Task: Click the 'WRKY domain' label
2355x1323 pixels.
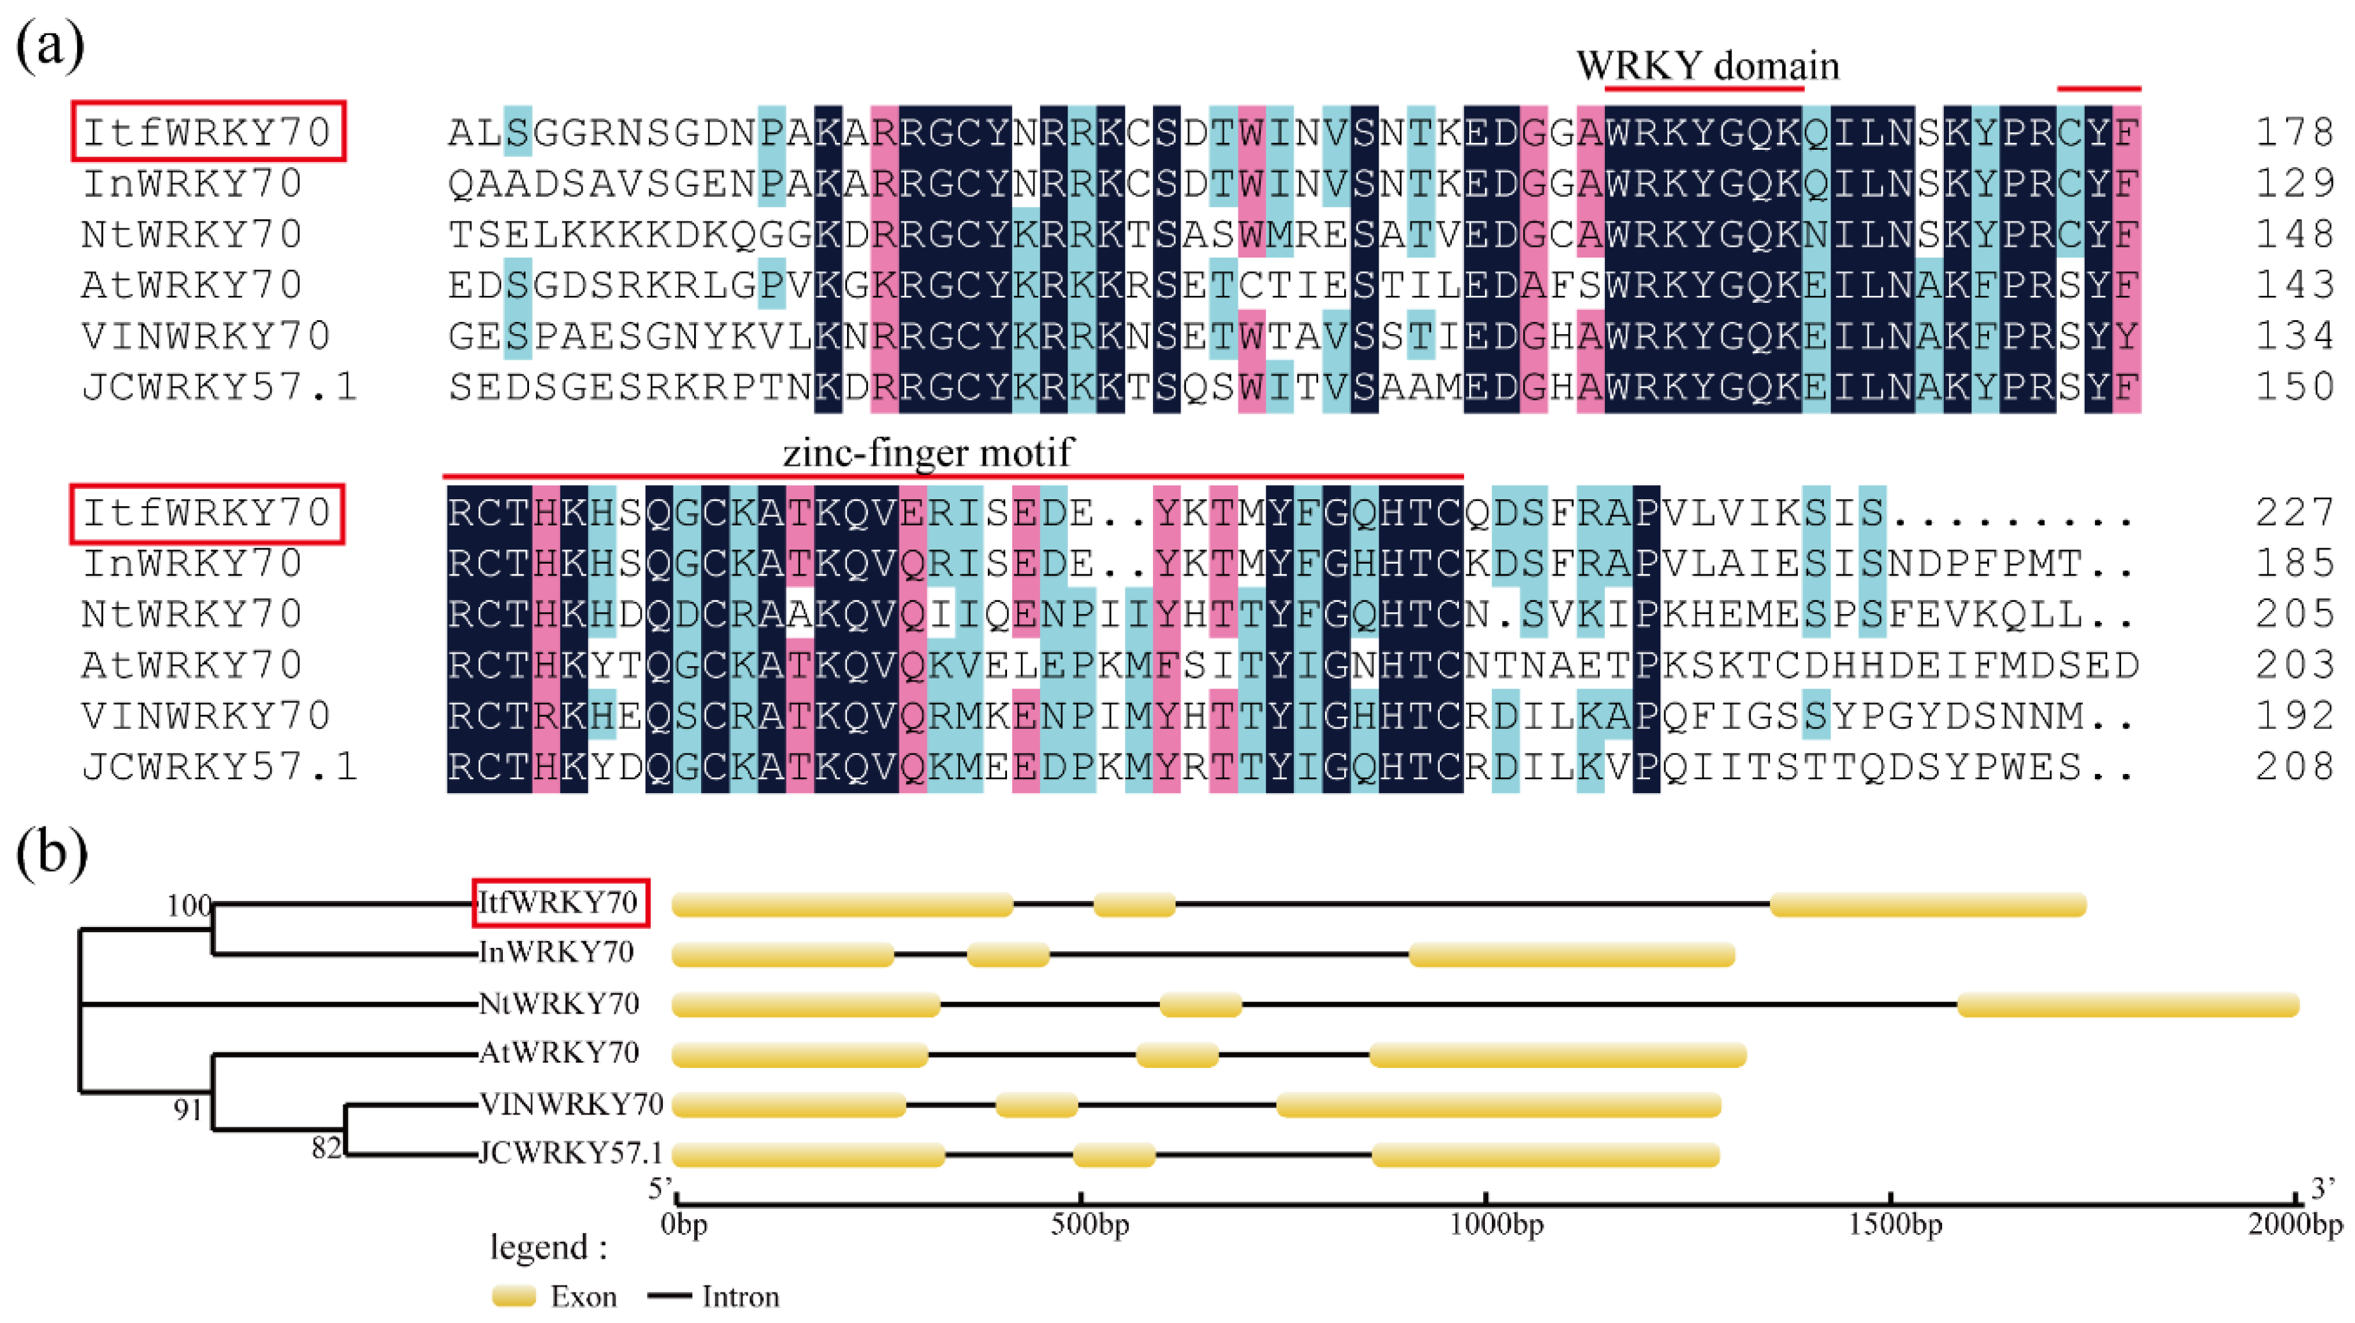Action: pos(1707,66)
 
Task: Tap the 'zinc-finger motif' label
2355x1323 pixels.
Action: pos(928,453)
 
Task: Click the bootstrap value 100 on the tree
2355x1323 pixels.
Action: pos(188,906)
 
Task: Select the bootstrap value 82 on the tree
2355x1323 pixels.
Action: pos(326,1148)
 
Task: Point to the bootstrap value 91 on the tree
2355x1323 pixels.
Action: pos(187,1110)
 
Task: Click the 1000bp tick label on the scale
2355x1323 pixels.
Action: pos(1496,1224)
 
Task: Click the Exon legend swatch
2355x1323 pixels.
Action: pos(514,1296)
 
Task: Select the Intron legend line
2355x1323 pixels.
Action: pos(669,1296)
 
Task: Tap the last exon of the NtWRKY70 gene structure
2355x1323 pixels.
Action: pos(2127,1005)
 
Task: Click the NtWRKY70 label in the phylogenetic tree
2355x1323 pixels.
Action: pos(558,1004)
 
